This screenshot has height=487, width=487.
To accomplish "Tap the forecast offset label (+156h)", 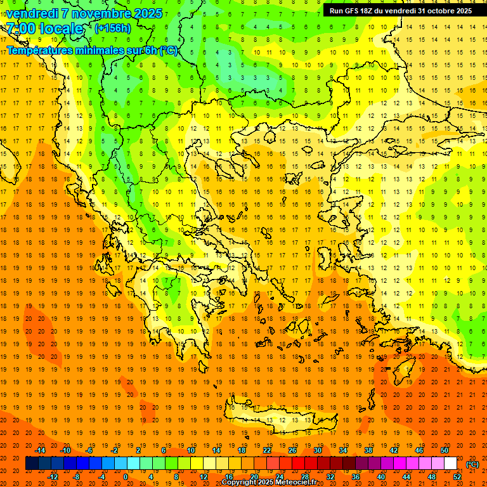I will pos(112,28).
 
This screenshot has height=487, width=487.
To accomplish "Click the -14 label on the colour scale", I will pos(40,450).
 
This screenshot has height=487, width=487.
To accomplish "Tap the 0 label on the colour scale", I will pos(126,477).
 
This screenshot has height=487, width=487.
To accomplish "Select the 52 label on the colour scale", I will pos(457,477).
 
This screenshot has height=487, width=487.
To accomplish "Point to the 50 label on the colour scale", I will pos(445,450).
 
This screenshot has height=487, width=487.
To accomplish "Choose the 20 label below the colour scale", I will pos(254,477).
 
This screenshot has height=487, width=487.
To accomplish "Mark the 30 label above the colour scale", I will pos(318,450).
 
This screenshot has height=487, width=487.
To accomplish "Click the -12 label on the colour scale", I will pos(53,477).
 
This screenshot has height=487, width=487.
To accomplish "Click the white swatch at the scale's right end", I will pos(451,464).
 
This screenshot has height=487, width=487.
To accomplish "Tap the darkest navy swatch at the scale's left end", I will pos(32,464).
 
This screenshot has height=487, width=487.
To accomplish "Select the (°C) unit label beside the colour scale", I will pos(472,464).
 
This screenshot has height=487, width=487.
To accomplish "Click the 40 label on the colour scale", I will pos(381,477).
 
